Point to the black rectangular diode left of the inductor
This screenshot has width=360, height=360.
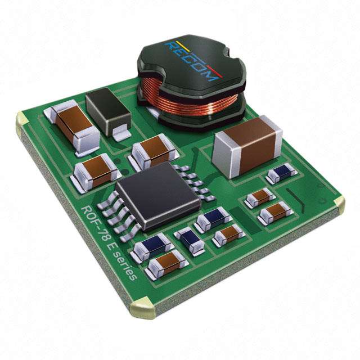pyautogui.click(x=109, y=113)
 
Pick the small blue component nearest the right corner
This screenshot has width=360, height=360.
pyautogui.click(x=282, y=173)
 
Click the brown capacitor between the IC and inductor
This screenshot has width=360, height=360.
pyautogui.click(x=154, y=151)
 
